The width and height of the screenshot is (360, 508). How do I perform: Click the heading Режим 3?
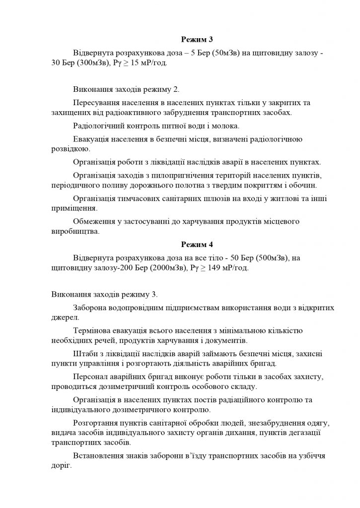[196, 39]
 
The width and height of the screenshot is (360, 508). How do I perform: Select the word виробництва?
[75, 232]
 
